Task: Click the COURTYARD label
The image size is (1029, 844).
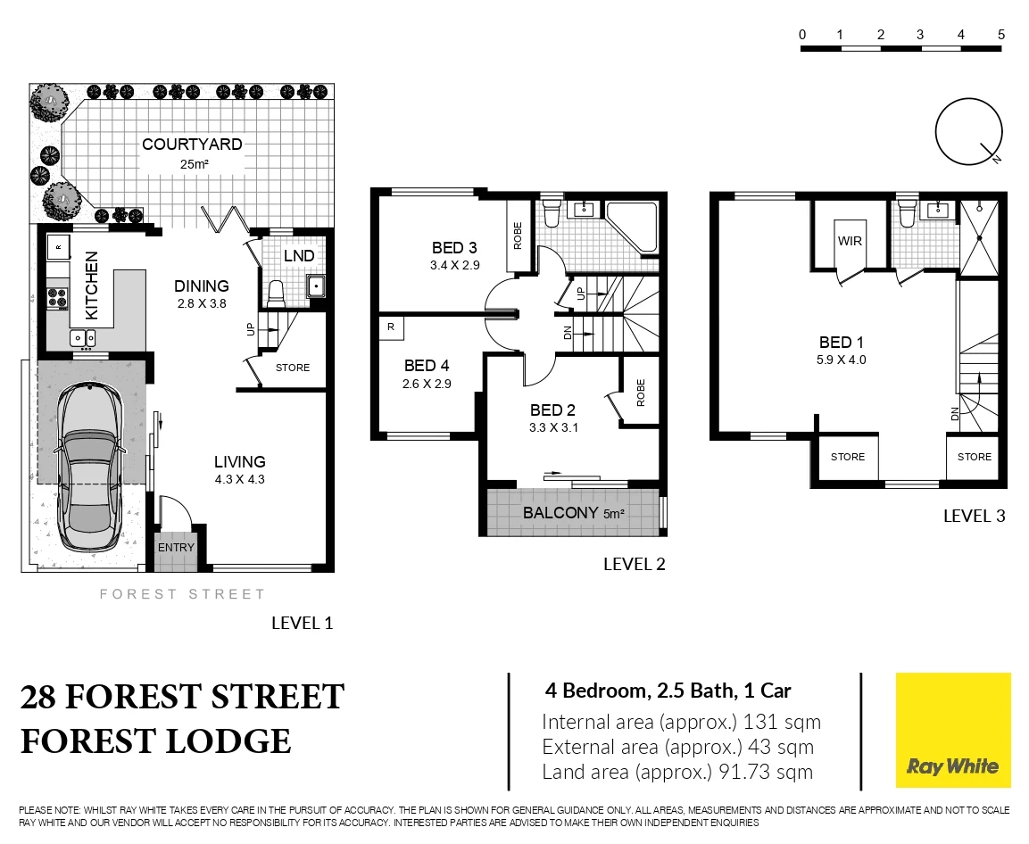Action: (192, 145)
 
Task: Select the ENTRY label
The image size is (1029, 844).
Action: (175, 548)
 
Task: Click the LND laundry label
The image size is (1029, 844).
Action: (298, 256)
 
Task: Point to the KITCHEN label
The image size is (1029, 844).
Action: (91, 285)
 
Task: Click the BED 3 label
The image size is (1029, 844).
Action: (453, 248)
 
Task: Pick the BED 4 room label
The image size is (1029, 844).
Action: (426, 365)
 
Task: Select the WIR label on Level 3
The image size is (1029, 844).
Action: (849, 241)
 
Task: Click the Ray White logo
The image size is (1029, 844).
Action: (952, 731)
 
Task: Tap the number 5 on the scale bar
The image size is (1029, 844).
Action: (1001, 34)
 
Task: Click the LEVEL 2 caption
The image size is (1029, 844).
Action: (635, 564)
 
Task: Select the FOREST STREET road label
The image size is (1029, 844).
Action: (182, 594)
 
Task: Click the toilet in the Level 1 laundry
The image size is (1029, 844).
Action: (276, 292)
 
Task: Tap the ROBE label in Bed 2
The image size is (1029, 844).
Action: (640, 393)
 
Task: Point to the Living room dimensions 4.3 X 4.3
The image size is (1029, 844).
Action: (239, 479)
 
